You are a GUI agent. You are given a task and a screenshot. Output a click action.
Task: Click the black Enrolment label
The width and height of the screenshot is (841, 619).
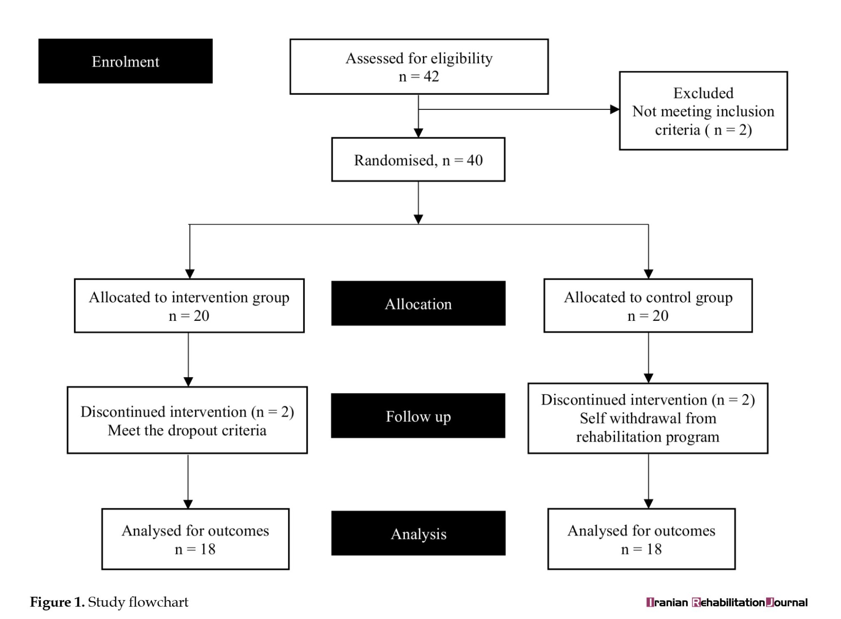pos(125,61)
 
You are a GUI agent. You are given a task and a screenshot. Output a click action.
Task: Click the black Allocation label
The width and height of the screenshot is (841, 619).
pos(418,303)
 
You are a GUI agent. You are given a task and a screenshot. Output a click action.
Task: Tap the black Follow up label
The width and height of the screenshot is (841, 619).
pos(418,415)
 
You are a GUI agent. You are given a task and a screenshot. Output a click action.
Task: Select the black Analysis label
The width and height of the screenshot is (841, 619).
pos(418,533)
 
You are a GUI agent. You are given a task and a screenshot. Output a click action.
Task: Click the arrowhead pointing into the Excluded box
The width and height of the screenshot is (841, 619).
pos(615,109)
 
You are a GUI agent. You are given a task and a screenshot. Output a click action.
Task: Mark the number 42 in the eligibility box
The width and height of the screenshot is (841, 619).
pos(431,77)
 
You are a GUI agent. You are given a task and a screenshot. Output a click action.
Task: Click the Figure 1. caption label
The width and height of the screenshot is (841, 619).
pos(57,602)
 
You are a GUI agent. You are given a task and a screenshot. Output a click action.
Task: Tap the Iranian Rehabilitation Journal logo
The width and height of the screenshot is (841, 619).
pos(727,602)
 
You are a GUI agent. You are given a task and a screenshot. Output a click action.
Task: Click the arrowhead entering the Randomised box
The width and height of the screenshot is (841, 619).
pos(418,133)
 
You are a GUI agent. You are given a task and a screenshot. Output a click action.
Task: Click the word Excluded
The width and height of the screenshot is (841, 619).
pos(703,93)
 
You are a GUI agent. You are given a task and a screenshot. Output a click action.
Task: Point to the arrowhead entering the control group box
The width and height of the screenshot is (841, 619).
pos(648,274)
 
